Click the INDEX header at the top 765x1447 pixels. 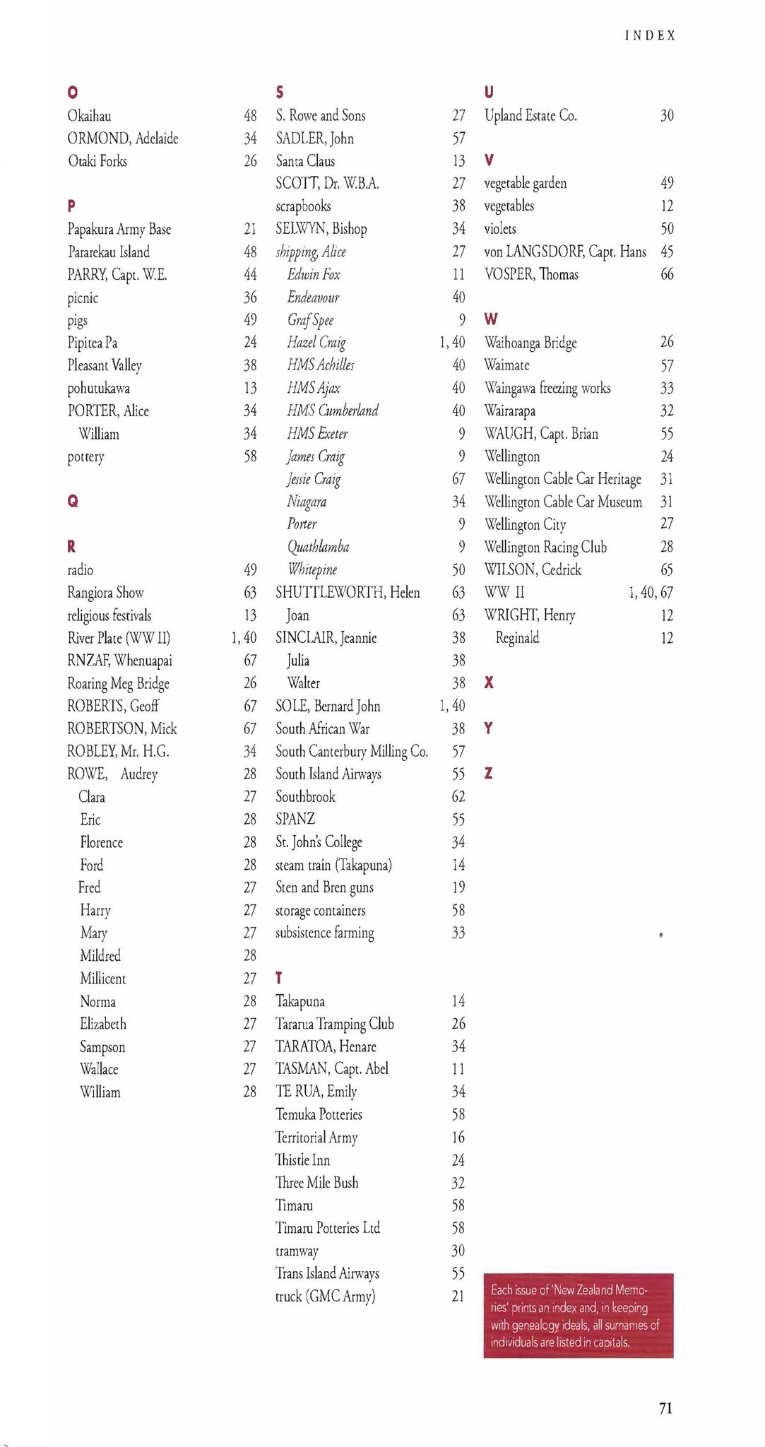click(650, 35)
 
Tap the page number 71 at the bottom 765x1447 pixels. click(665, 1408)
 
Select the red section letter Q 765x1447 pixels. click(72, 502)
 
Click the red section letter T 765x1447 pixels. click(279, 978)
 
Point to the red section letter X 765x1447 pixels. click(489, 683)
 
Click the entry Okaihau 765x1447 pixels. click(89, 116)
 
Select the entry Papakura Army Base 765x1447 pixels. click(119, 229)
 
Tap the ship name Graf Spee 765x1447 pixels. click(310, 320)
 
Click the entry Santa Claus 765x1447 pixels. click(305, 161)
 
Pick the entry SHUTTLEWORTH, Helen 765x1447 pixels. click(348, 592)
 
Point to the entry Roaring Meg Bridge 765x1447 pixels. click(118, 683)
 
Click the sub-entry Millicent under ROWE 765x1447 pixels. click(102, 979)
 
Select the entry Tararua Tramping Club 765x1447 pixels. click(334, 1024)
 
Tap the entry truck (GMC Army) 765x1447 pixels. click(325, 1297)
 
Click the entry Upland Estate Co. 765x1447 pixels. click(530, 116)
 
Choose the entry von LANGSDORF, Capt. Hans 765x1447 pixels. click(564, 252)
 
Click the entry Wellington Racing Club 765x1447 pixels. click(545, 547)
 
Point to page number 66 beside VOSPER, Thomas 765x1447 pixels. click(667, 274)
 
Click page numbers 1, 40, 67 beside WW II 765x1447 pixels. click(651, 592)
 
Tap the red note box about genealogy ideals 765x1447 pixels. click(578, 1316)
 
